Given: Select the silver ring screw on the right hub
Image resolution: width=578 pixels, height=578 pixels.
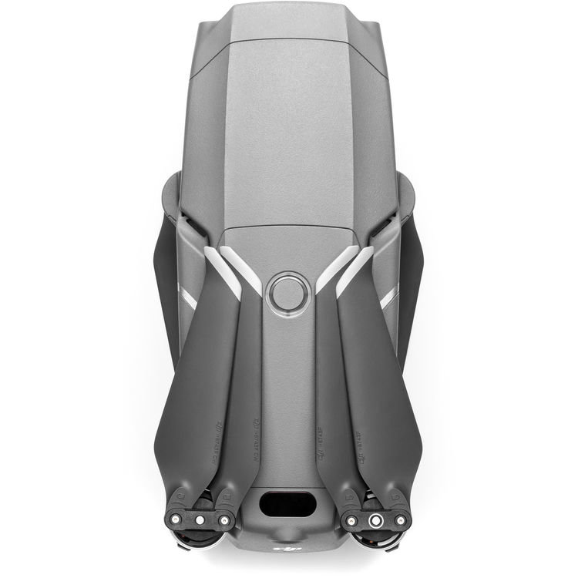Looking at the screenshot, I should [x=376, y=521].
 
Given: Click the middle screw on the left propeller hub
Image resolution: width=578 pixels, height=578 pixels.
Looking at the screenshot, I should [x=200, y=520].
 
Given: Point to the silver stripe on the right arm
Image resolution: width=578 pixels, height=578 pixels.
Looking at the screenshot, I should [x=391, y=297].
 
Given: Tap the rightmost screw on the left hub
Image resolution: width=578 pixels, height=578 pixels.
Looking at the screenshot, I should [x=223, y=520].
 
